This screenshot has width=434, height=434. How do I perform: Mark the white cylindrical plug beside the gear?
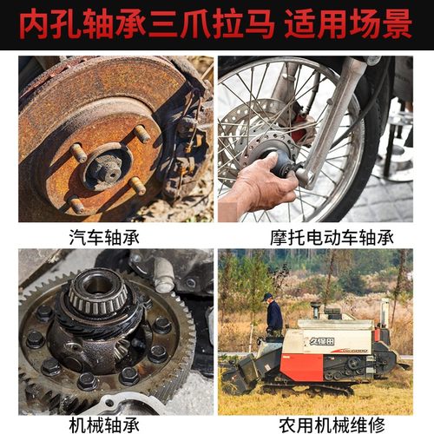[162, 275]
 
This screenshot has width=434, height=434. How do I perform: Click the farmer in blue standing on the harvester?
[273, 316]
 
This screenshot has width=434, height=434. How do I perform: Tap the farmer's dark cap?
[269, 297]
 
